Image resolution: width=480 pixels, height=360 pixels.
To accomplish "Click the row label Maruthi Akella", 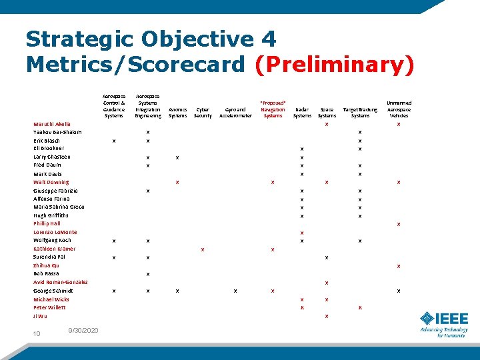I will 52,124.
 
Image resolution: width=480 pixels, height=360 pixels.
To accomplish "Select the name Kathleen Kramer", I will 55,249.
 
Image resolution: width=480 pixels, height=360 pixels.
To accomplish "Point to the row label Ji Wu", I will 40,316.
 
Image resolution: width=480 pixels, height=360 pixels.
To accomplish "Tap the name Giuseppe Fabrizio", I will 55,191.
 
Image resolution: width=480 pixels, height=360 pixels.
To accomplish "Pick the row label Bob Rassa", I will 46,273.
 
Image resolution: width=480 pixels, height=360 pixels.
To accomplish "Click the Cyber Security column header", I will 203,112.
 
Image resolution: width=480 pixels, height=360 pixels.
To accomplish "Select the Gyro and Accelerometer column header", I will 236,112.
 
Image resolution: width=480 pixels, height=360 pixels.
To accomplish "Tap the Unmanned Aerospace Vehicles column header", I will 399,109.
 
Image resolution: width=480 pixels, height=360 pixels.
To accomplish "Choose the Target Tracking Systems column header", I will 360,112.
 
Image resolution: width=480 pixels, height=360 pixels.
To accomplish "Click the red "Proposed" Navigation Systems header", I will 273,109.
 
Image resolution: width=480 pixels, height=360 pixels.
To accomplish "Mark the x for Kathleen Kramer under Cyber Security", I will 203,249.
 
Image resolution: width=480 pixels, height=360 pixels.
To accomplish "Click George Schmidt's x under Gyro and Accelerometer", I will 236,291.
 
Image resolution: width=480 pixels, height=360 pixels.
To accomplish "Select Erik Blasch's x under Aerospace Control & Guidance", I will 115,141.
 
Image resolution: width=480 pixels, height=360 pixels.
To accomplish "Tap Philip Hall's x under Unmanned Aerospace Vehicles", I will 399,224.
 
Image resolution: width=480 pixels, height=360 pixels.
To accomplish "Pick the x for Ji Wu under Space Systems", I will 327,316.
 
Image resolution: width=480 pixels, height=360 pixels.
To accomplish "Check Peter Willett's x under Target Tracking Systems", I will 360,307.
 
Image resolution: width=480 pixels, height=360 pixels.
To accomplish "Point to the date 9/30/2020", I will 83,331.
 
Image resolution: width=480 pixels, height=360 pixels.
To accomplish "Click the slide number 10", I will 37,333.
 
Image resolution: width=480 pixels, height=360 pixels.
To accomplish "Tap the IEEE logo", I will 443,324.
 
